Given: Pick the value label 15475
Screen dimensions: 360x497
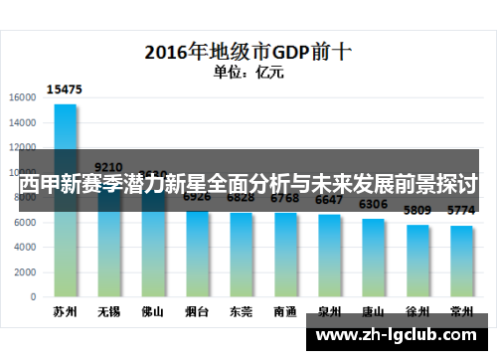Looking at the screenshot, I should pyautogui.click(x=67, y=90).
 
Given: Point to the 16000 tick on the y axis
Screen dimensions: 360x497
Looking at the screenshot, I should pyautogui.click(x=23, y=97).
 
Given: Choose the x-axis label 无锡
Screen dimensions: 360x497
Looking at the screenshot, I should pyautogui.click(x=109, y=311).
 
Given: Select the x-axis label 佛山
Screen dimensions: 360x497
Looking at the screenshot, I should pyautogui.click(x=152, y=311).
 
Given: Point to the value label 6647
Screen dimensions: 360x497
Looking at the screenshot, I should pyautogui.click(x=329, y=201).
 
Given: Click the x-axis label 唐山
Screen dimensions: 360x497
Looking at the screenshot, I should pyautogui.click(x=373, y=311).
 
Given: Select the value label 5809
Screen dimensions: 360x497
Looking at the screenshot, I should pyautogui.click(x=417, y=211).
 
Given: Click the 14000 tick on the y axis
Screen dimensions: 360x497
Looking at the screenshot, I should pyautogui.click(x=23, y=121).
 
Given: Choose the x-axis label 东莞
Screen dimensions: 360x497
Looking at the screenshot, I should pyautogui.click(x=241, y=311).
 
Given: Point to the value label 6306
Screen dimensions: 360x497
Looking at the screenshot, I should pyautogui.click(x=373, y=205).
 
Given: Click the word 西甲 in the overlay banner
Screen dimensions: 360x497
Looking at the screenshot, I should pyautogui.click(x=40, y=184).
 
